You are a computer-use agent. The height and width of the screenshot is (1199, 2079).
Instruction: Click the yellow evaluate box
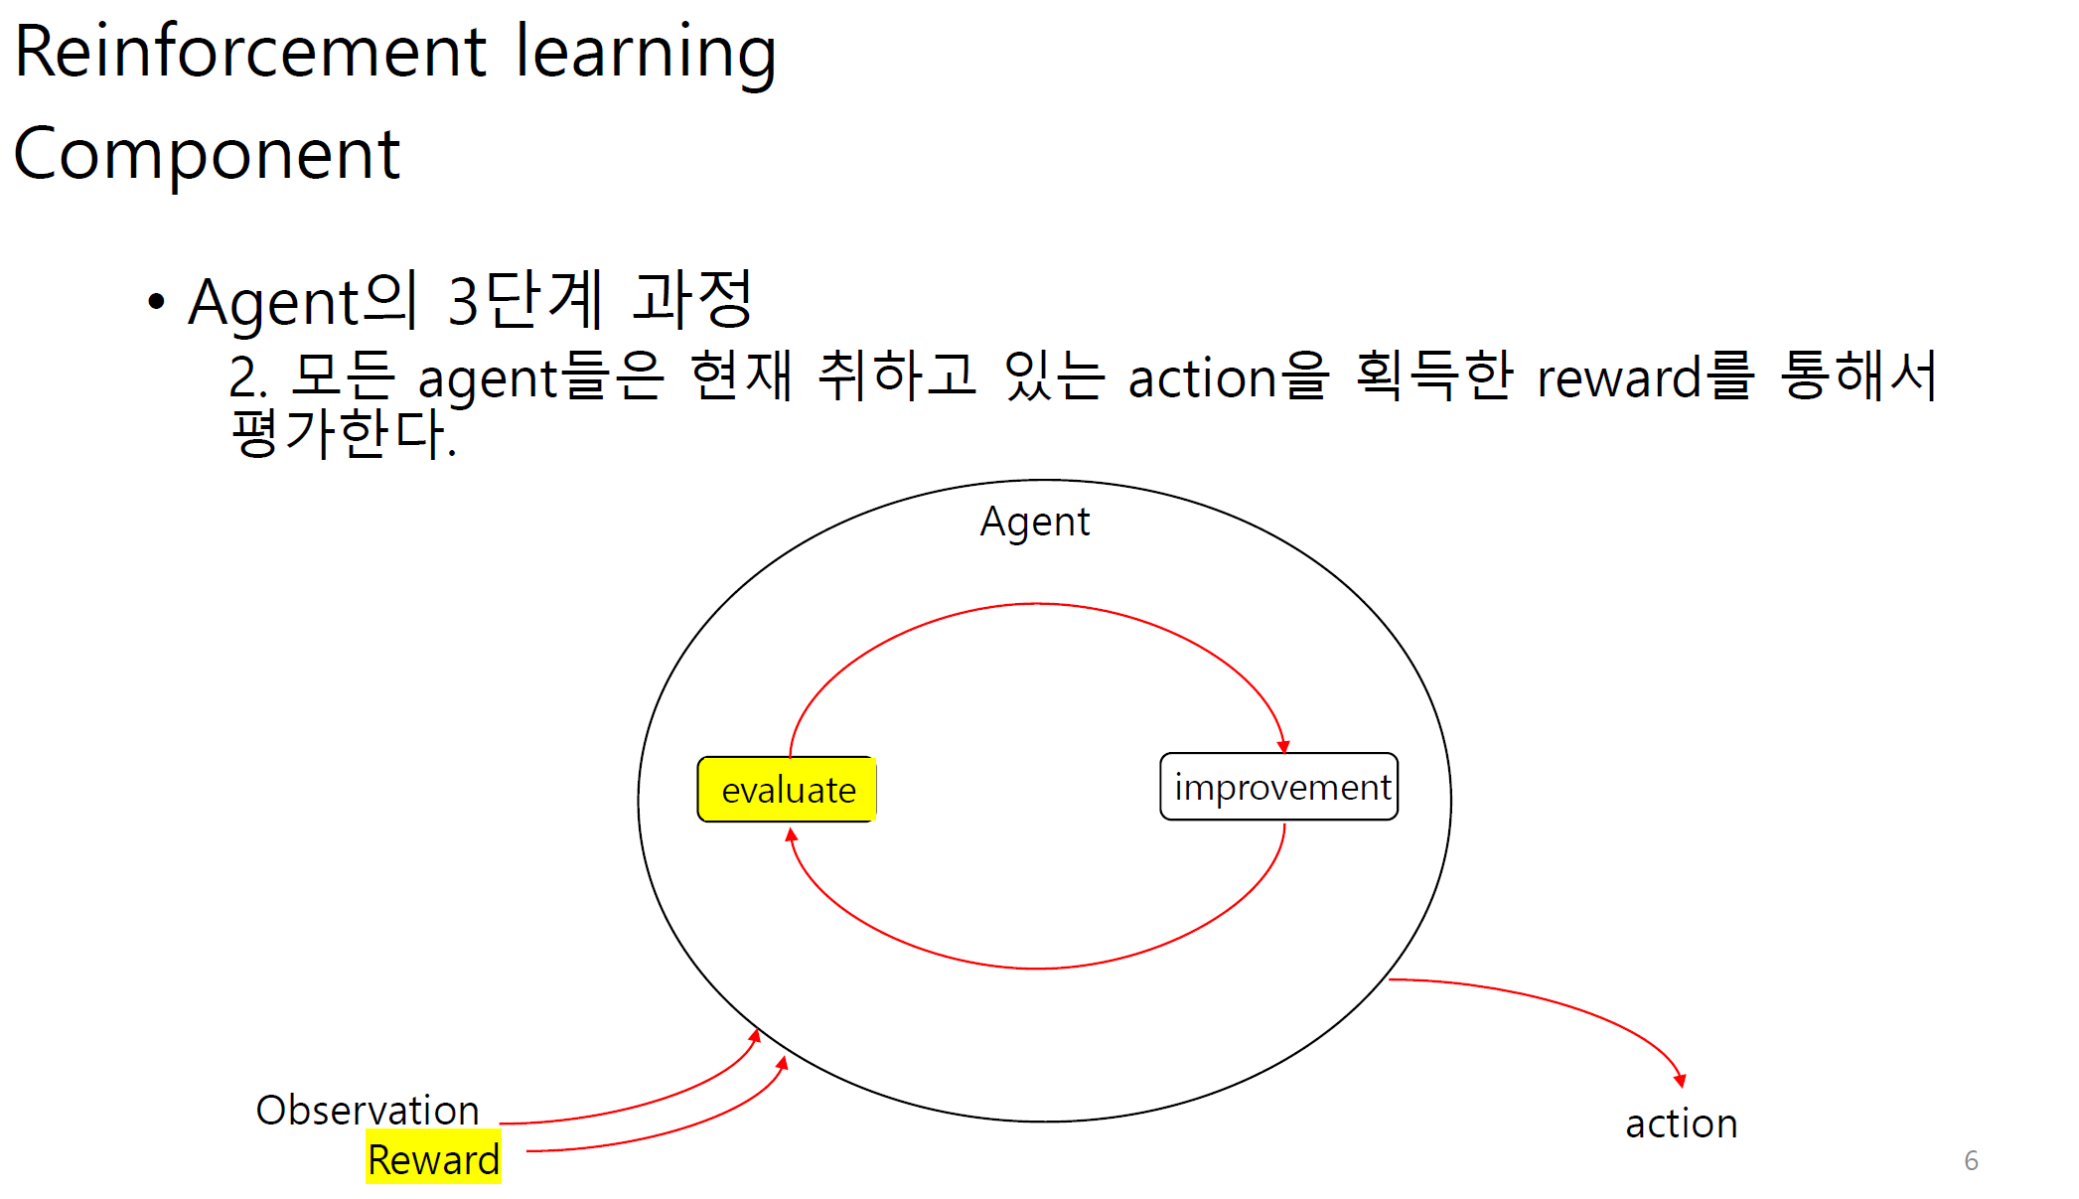[x=787, y=790]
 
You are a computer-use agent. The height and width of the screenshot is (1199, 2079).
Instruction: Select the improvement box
[x=1279, y=787]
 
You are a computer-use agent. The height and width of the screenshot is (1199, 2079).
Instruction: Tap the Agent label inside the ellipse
[x=1034, y=522]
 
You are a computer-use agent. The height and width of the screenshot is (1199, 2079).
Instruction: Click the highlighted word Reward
[x=433, y=1159]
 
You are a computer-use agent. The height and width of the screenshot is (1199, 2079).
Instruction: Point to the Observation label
[x=368, y=1110]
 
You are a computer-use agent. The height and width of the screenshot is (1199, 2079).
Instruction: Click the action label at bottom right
[x=1681, y=1124]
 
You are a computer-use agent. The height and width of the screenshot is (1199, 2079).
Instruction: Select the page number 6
[x=1971, y=1160]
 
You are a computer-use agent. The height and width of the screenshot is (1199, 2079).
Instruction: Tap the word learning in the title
[x=646, y=52]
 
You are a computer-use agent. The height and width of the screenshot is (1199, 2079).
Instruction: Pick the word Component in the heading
[x=207, y=155]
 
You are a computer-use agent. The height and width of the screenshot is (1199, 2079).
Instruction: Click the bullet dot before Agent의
[x=156, y=301]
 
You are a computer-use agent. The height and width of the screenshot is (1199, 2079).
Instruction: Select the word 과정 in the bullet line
[x=692, y=299]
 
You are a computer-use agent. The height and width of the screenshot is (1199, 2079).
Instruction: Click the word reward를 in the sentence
[x=1645, y=377]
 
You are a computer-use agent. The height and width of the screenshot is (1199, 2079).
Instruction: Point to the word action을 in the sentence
[x=1229, y=377]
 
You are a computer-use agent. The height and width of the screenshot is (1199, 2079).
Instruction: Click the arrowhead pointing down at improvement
[x=1283, y=745]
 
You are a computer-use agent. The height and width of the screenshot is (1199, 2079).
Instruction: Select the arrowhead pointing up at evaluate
[x=792, y=835]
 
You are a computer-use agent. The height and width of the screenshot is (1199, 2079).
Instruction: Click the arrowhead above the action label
[x=1680, y=1080]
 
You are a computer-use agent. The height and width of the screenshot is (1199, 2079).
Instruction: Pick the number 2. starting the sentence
[x=248, y=378]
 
